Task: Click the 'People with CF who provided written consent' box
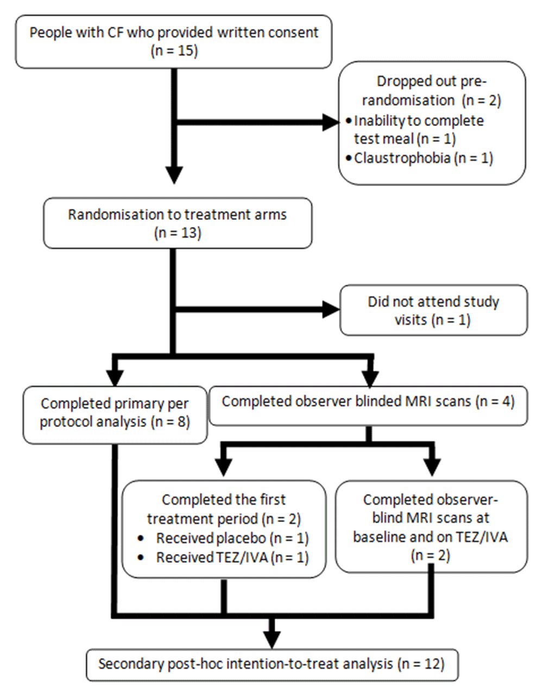[174, 42]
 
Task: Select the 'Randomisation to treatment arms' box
[178, 223]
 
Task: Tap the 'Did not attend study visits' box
[433, 310]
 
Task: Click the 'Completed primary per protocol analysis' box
[115, 415]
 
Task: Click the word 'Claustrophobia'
[402, 158]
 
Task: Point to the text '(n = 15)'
[174, 51]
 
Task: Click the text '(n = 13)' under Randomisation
[178, 233]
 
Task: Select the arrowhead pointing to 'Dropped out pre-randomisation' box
[331, 122]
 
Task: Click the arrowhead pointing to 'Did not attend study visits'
[331, 310]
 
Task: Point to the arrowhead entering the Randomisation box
[174, 175]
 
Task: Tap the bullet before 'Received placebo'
[141, 538]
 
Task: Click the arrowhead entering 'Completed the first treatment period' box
[224, 468]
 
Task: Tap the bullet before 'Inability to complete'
[349, 121]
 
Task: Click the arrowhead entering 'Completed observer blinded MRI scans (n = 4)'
[370, 379]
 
